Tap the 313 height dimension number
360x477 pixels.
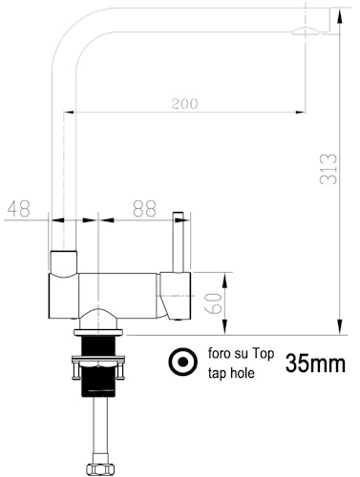328,172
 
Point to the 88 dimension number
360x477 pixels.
144,208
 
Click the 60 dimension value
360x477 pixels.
215,302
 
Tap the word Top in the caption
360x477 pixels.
264,354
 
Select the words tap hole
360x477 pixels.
232,374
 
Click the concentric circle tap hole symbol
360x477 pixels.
179,363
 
